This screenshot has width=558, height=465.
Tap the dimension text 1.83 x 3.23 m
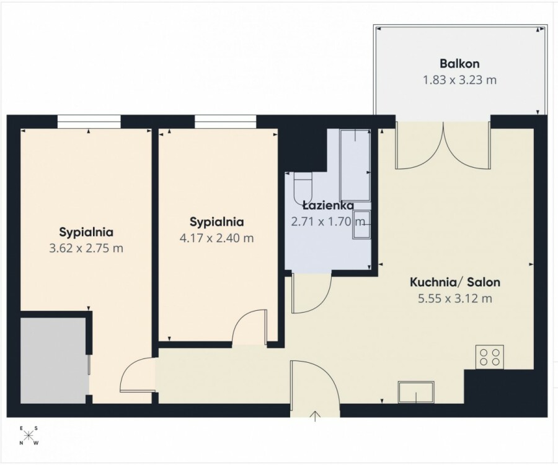[x=459, y=80]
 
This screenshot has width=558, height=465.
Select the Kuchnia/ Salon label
[x=455, y=282]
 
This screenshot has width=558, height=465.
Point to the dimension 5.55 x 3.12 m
[x=455, y=298]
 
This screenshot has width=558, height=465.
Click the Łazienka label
[x=328, y=206]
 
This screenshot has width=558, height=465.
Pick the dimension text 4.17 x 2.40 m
[x=217, y=238]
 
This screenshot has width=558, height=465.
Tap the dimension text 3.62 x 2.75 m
[x=86, y=248]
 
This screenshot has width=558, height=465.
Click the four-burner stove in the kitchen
[x=490, y=357]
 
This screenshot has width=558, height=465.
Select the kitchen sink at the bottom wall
[x=416, y=393]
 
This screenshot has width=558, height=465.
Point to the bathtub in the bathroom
[x=355, y=165]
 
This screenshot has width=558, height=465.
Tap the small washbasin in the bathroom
[x=361, y=224]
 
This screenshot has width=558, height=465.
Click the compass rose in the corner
[x=29, y=435]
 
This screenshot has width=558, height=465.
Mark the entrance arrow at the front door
[x=316, y=416]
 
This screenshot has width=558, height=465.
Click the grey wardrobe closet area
[x=53, y=360]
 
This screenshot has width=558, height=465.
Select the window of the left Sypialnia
[x=89, y=121]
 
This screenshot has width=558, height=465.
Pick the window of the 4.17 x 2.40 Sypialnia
[x=225, y=121]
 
